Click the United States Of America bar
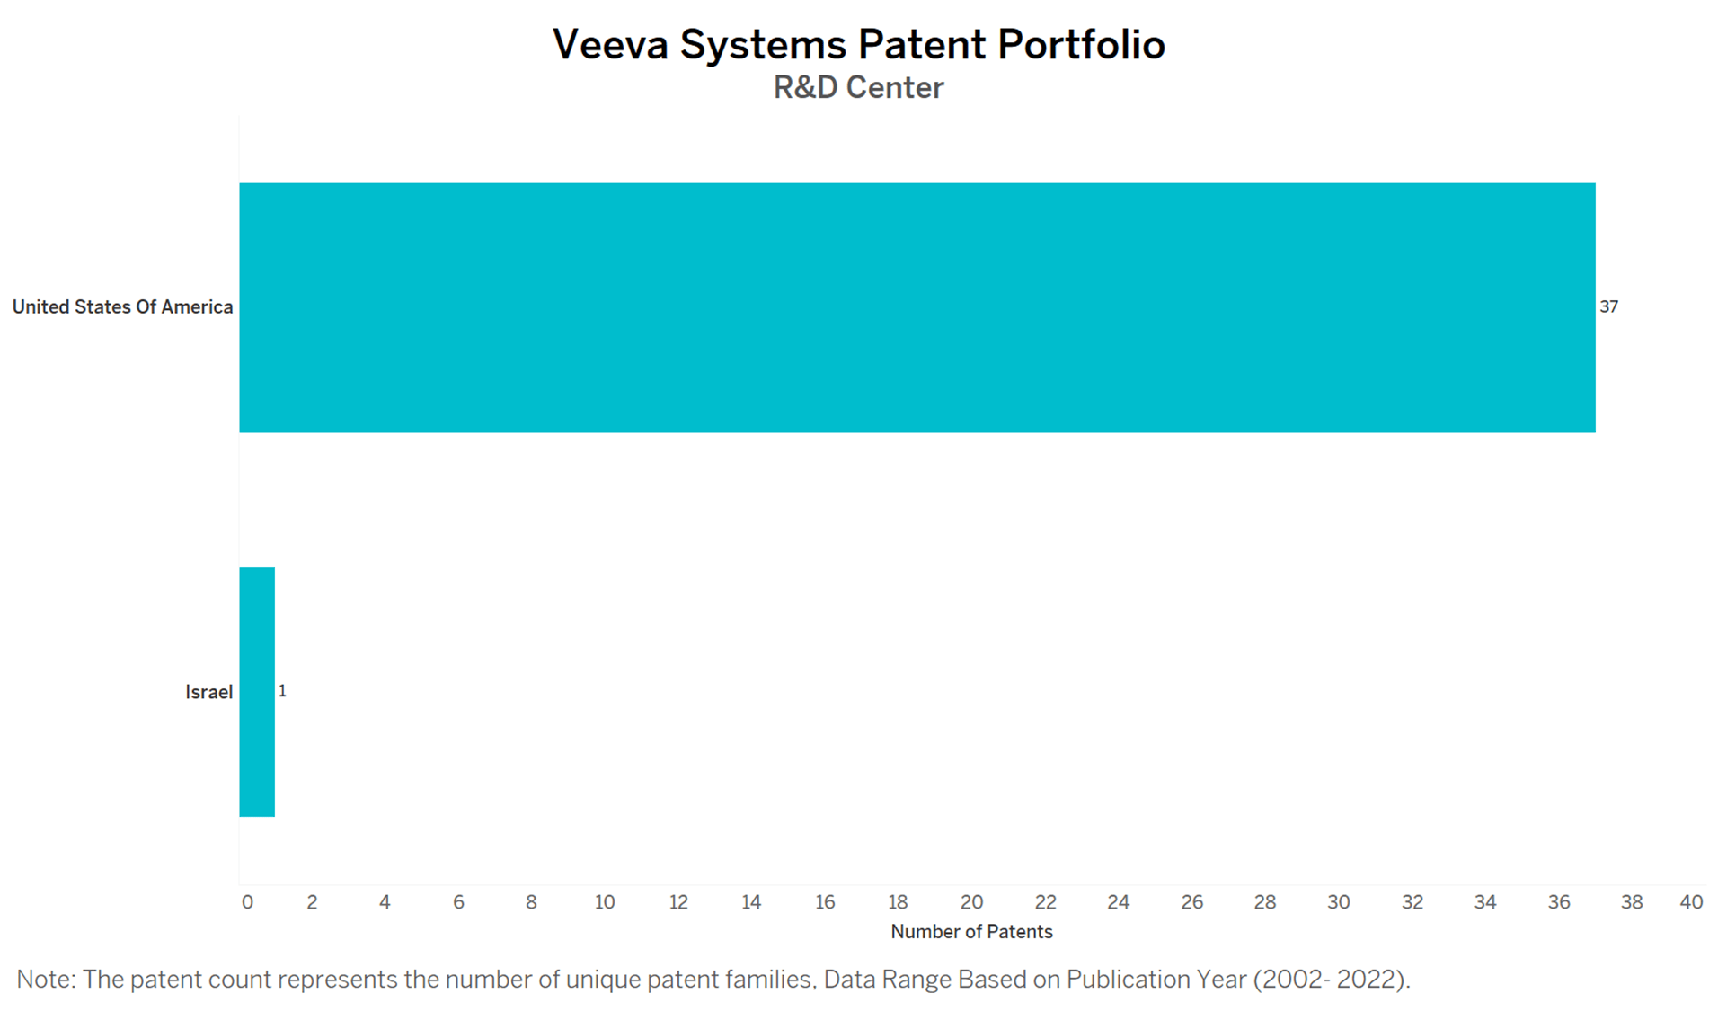pyautogui.click(x=917, y=307)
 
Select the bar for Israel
pyautogui.click(x=257, y=692)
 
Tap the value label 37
pyautogui.click(x=1608, y=307)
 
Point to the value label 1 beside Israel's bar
pyautogui.click(x=282, y=691)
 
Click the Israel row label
pyautogui.click(x=209, y=692)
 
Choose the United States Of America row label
pyautogui.click(x=122, y=307)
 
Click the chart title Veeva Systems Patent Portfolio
pyautogui.click(x=858, y=44)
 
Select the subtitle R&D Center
pyautogui.click(x=858, y=88)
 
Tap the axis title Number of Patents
pyautogui.click(x=971, y=932)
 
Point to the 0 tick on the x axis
pyautogui.click(x=247, y=902)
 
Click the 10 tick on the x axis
pyautogui.click(x=605, y=902)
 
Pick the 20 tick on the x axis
pyautogui.click(x=971, y=902)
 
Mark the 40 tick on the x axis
pyautogui.click(x=1691, y=902)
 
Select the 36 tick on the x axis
pyautogui.click(x=1559, y=902)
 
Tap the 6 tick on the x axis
pyautogui.click(x=458, y=902)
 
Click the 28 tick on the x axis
pyautogui.click(x=1265, y=902)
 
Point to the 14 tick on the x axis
pyautogui.click(x=751, y=902)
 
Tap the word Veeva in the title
pyautogui.click(x=611, y=44)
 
